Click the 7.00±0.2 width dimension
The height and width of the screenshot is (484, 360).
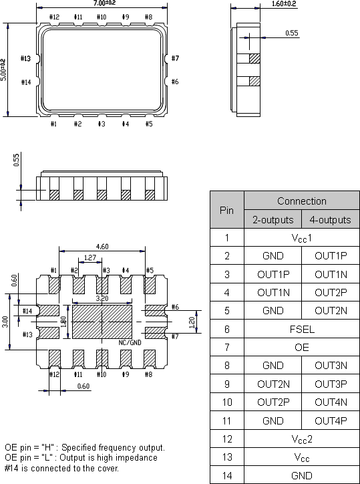click(102, 3)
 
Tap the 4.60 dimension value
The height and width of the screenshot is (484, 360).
click(102, 247)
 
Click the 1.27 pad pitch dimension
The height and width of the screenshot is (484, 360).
click(89, 257)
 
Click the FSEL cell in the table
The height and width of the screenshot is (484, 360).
click(302, 329)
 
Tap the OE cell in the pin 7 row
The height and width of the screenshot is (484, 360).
click(302, 348)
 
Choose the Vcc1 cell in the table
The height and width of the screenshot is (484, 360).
click(302, 237)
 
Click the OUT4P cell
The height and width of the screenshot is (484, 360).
click(331, 420)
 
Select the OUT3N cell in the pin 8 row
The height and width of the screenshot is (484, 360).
click(331, 366)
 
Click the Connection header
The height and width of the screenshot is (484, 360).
click(302, 201)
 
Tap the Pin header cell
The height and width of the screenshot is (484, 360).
click(227, 210)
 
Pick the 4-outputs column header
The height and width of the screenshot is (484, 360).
click(331, 219)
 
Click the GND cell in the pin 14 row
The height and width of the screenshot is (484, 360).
click(302, 475)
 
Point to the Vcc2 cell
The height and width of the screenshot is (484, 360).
click(302, 439)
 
